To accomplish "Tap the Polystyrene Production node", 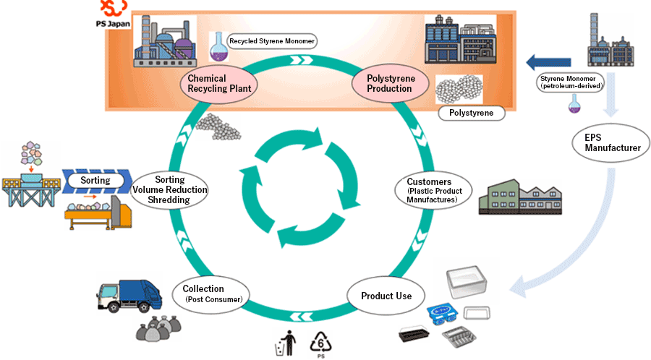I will point(389,84).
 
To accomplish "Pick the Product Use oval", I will point(386,296).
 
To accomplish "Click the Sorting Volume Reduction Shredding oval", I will point(171,190).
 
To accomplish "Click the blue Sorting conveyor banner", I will point(95,180).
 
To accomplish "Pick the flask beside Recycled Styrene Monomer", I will point(216,44).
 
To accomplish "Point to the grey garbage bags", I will point(158,330).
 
